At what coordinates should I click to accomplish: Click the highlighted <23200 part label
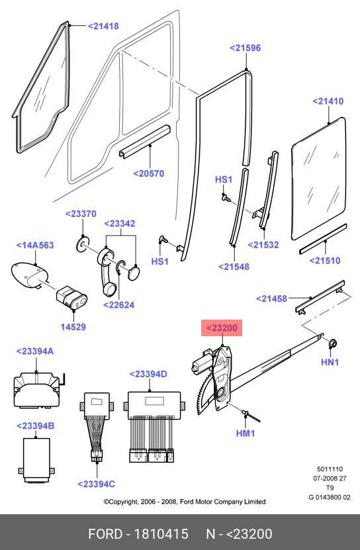pos(222,328)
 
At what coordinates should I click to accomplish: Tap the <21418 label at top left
pos(103,26)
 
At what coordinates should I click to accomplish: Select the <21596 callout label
pos(246,48)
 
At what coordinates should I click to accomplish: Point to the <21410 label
pos(328,101)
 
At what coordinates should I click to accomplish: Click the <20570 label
pos(149,173)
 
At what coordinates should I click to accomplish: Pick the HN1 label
pos(330,362)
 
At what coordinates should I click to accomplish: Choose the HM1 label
pos(246,434)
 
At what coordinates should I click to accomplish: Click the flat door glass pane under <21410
pos(318,179)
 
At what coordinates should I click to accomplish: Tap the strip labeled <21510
pos(323,238)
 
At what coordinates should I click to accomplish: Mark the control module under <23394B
pos(36,459)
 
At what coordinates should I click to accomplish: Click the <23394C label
pos(96,484)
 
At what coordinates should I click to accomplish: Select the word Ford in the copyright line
pos(187,502)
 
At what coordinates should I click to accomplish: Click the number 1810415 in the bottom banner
pos(161,534)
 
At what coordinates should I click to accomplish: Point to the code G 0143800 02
pos(330,498)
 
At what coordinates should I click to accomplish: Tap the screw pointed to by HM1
pos(251,415)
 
